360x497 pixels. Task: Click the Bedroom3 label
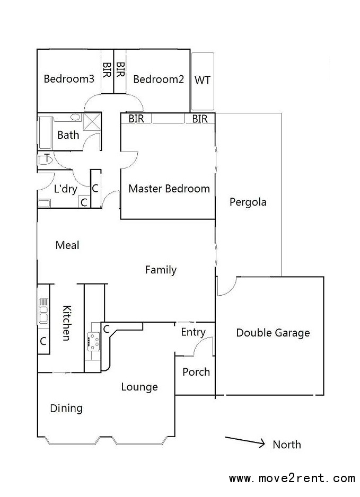click(x=69, y=78)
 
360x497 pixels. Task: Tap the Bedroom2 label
click(x=159, y=79)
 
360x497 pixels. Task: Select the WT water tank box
click(x=203, y=82)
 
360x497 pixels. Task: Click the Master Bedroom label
click(x=169, y=189)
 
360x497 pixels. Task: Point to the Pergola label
click(x=248, y=202)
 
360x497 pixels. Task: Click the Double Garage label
click(x=273, y=333)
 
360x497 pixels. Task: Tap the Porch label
click(x=196, y=372)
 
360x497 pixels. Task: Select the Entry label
click(x=193, y=332)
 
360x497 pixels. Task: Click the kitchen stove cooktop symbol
click(x=93, y=341)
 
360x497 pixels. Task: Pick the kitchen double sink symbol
click(x=43, y=310)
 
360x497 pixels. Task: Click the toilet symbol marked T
click(x=45, y=159)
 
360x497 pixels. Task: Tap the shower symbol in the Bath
click(x=91, y=122)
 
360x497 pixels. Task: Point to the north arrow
click(x=245, y=442)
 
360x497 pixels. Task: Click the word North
click(x=287, y=445)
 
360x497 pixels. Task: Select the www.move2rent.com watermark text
click(x=292, y=478)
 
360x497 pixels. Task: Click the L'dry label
click(x=66, y=189)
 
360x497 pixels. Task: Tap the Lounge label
click(x=139, y=387)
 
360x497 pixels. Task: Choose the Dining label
click(x=66, y=408)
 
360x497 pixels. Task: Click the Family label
click(x=161, y=270)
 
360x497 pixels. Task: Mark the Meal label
click(x=67, y=245)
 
